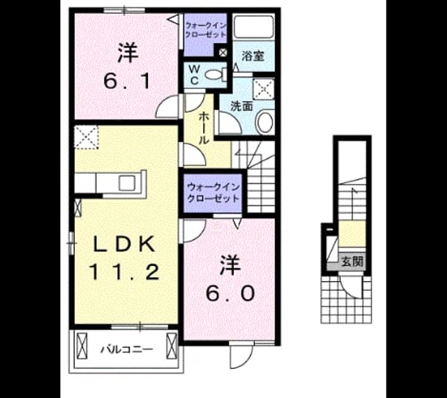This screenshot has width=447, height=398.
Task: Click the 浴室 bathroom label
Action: pos(253,56)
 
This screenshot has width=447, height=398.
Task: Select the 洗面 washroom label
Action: pos(242,106)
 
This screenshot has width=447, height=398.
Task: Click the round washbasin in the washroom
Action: pos(265,122)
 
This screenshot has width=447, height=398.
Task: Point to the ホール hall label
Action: pos(204,128)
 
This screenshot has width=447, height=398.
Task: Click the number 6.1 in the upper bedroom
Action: pos(127,81)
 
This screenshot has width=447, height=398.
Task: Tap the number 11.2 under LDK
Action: pos(125,272)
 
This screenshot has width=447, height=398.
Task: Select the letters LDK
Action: pos(125,244)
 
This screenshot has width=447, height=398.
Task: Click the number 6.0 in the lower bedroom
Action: pos(230,293)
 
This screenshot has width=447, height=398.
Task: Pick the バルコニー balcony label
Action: pos(126,349)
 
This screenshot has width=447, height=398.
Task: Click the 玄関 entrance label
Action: pos(353,262)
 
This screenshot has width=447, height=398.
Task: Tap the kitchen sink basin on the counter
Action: pos(127,183)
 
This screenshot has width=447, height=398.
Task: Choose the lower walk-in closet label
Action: pos(213,192)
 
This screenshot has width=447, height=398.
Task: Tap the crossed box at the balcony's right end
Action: pos(171,346)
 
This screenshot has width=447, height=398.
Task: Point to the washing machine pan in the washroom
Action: pos(264,89)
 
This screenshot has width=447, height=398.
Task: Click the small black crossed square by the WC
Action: pos(223,52)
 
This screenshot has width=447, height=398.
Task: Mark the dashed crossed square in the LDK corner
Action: pos(87,136)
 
